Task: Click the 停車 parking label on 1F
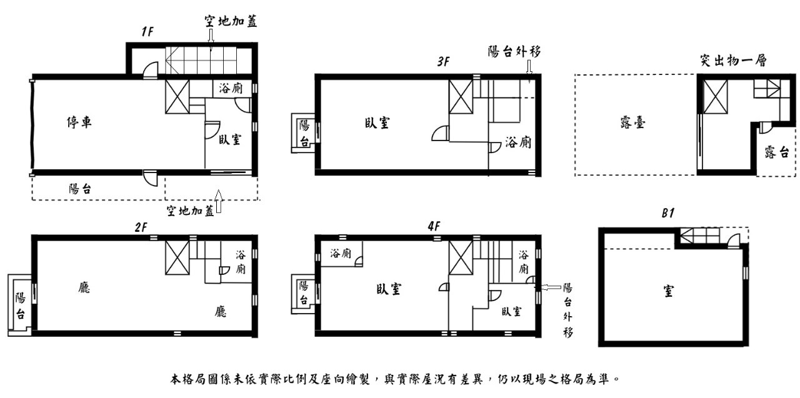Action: pos(79,122)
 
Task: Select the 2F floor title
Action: pos(141,227)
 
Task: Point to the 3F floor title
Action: pos(444,62)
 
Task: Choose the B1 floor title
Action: pos(667,214)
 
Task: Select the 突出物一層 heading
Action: pos(733,61)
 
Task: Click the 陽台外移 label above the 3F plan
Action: pos(514,52)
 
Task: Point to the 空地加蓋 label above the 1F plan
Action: pos(231,22)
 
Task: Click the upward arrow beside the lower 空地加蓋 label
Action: pos(218,201)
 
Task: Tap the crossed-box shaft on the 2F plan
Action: pos(177,257)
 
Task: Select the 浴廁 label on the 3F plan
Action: pos(518,143)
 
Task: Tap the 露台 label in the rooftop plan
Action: pos(777,152)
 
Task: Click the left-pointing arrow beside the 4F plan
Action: pos(550,287)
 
